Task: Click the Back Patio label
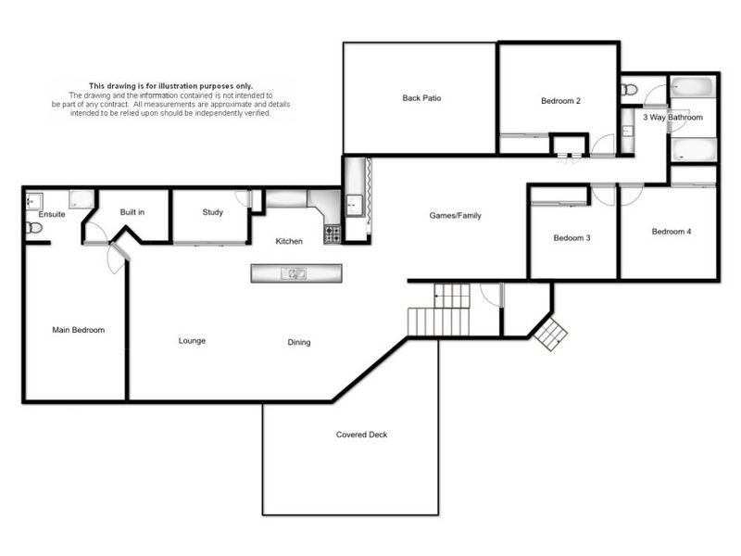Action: [421, 98]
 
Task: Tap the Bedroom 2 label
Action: [560, 101]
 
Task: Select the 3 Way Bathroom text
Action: [672, 118]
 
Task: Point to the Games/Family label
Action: [455, 216]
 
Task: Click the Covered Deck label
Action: [361, 435]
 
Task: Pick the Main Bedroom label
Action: [79, 330]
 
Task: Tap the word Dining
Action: [298, 342]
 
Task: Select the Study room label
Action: [213, 212]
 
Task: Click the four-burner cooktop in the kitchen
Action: [333, 234]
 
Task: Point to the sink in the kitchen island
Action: [294, 273]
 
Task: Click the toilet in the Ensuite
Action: [34, 228]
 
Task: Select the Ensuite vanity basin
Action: [34, 201]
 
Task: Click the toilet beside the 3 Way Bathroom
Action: [630, 89]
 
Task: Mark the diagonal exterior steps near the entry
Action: [550, 334]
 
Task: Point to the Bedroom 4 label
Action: [671, 232]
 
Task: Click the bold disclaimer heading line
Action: [170, 86]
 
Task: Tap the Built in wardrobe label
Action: [132, 212]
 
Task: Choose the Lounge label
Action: [192, 341]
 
